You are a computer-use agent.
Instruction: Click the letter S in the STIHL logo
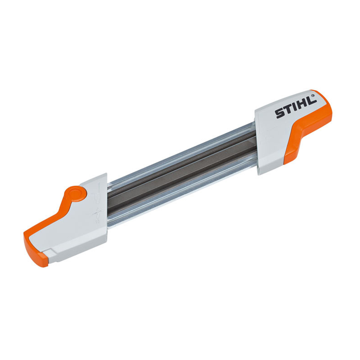280,114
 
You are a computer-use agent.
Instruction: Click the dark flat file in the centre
181,175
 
